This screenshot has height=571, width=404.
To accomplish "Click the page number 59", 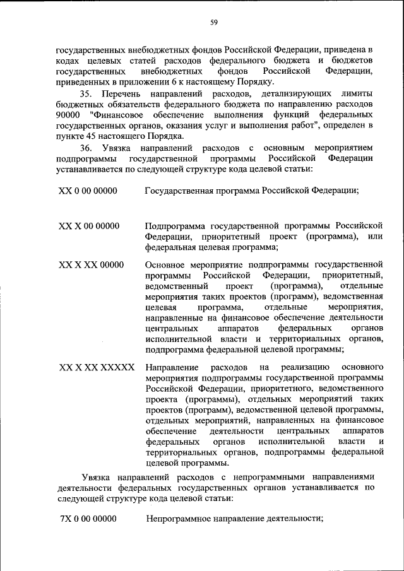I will (214, 23).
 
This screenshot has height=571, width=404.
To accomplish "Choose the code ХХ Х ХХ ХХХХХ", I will (97, 367).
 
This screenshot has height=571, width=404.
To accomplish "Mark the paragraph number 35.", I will (86, 94).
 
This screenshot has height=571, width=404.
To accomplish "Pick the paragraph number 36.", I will (86, 147).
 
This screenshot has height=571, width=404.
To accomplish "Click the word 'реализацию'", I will (304, 367).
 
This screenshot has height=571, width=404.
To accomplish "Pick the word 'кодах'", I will (68, 60).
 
